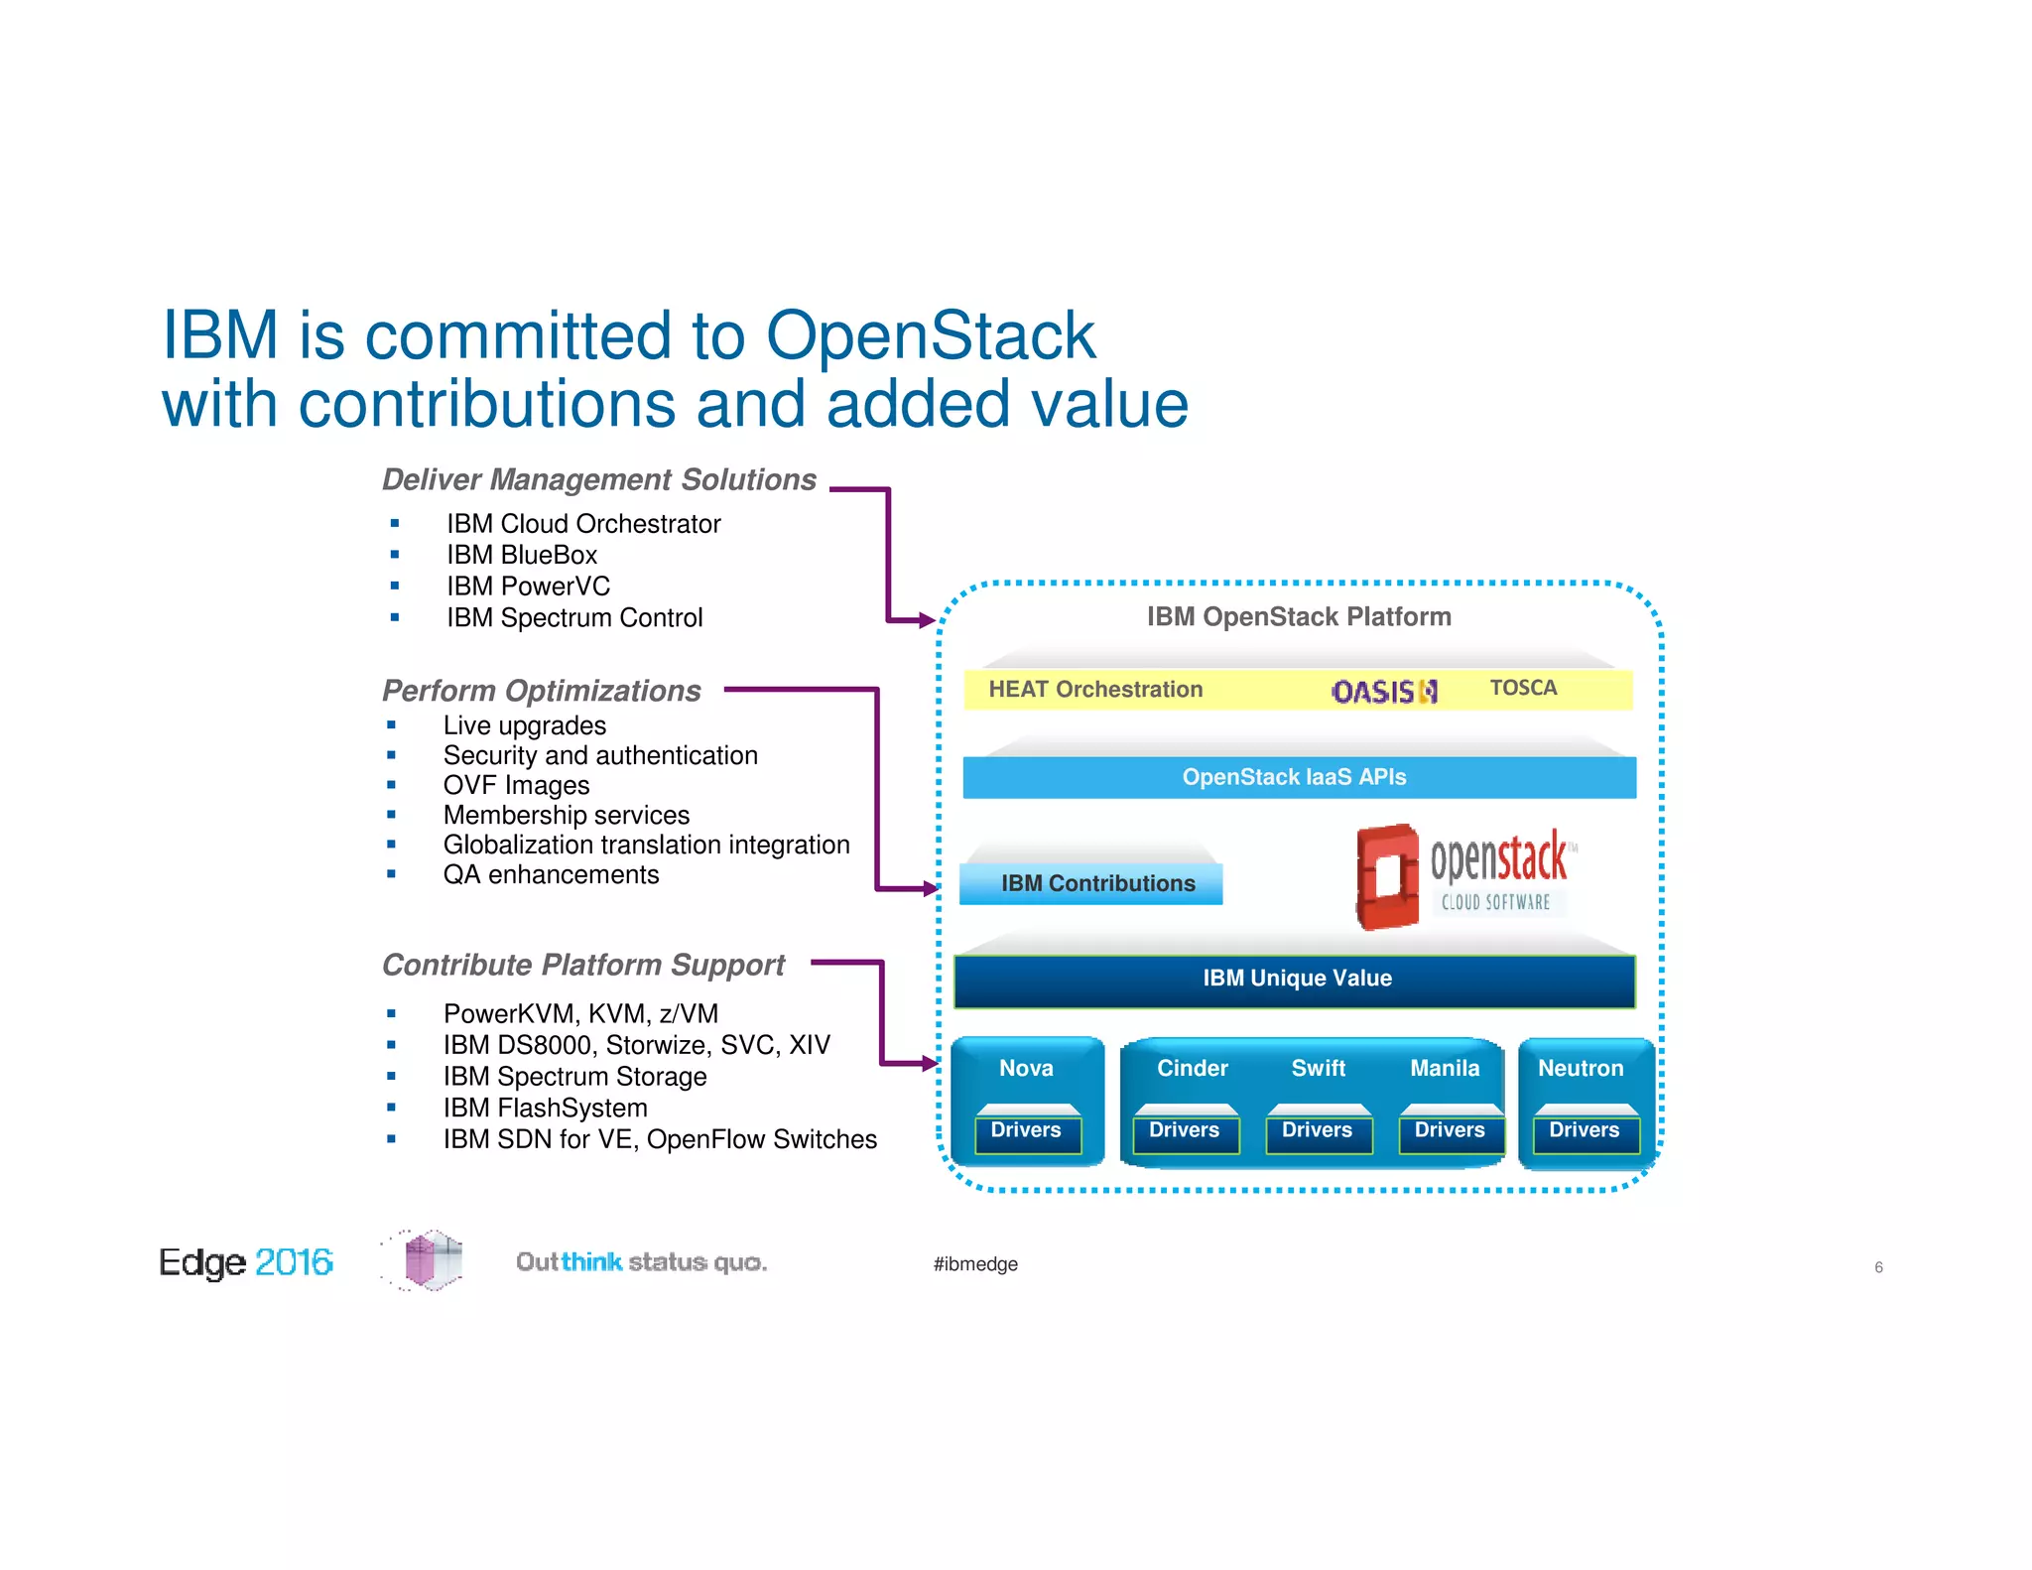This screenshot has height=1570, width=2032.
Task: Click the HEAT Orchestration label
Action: tap(1094, 689)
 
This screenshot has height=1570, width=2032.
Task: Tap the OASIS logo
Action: tap(1383, 691)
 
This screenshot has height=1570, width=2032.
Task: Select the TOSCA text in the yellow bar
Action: tap(1523, 688)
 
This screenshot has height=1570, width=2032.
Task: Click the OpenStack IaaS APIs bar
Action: tap(1298, 777)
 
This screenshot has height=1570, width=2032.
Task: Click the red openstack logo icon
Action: tap(1387, 875)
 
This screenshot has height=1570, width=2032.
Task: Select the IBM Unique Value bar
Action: tap(1295, 979)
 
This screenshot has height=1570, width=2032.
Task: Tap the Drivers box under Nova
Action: tap(1027, 1130)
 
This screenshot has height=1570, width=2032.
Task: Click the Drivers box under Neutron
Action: tap(1584, 1130)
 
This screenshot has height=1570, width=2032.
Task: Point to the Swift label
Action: tap(1318, 1068)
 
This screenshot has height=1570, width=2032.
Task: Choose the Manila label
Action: tap(1445, 1068)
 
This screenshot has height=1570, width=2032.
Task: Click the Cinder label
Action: tap(1192, 1068)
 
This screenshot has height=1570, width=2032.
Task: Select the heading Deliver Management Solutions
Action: tap(598, 479)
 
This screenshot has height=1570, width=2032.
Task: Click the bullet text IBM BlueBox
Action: tap(521, 555)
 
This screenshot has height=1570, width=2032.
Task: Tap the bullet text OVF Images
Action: tap(516, 785)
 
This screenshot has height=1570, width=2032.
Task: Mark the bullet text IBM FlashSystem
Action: tap(545, 1108)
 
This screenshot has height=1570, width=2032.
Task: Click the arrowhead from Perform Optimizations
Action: tap(930, 888)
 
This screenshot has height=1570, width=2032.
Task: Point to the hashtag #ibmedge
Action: tap(974, 1264)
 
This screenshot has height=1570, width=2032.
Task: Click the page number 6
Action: tap(1878, 1267)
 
